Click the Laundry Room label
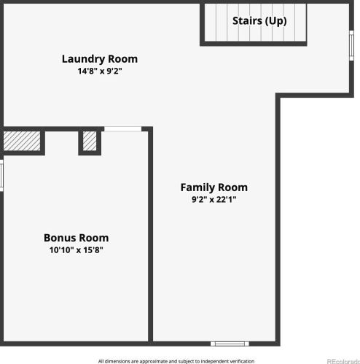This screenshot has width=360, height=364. (100, 59)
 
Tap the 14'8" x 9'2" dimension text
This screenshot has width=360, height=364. (100, 71)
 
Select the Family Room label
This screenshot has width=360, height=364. (214, 187)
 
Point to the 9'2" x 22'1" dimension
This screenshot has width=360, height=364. (214, 199)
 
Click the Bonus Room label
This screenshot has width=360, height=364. (77, 238)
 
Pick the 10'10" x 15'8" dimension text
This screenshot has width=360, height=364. (77, 250)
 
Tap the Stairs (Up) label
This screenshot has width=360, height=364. (259, 21)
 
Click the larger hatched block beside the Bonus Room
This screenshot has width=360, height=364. (22, 141)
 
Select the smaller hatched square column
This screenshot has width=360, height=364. (90, 141)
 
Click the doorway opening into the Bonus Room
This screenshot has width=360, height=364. (123, 129)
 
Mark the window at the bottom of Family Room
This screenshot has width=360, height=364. (230, 344)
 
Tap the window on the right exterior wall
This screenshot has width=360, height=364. (351, 45)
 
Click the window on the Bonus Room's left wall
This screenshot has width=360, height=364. (1, 175)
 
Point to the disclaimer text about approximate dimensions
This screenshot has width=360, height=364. (176, 361)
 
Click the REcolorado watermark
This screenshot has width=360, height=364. (343, 361)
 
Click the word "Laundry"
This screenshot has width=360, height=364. (83, 59)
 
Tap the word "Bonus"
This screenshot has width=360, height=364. (60, 238)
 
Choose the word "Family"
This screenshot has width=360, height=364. (197, 187)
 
